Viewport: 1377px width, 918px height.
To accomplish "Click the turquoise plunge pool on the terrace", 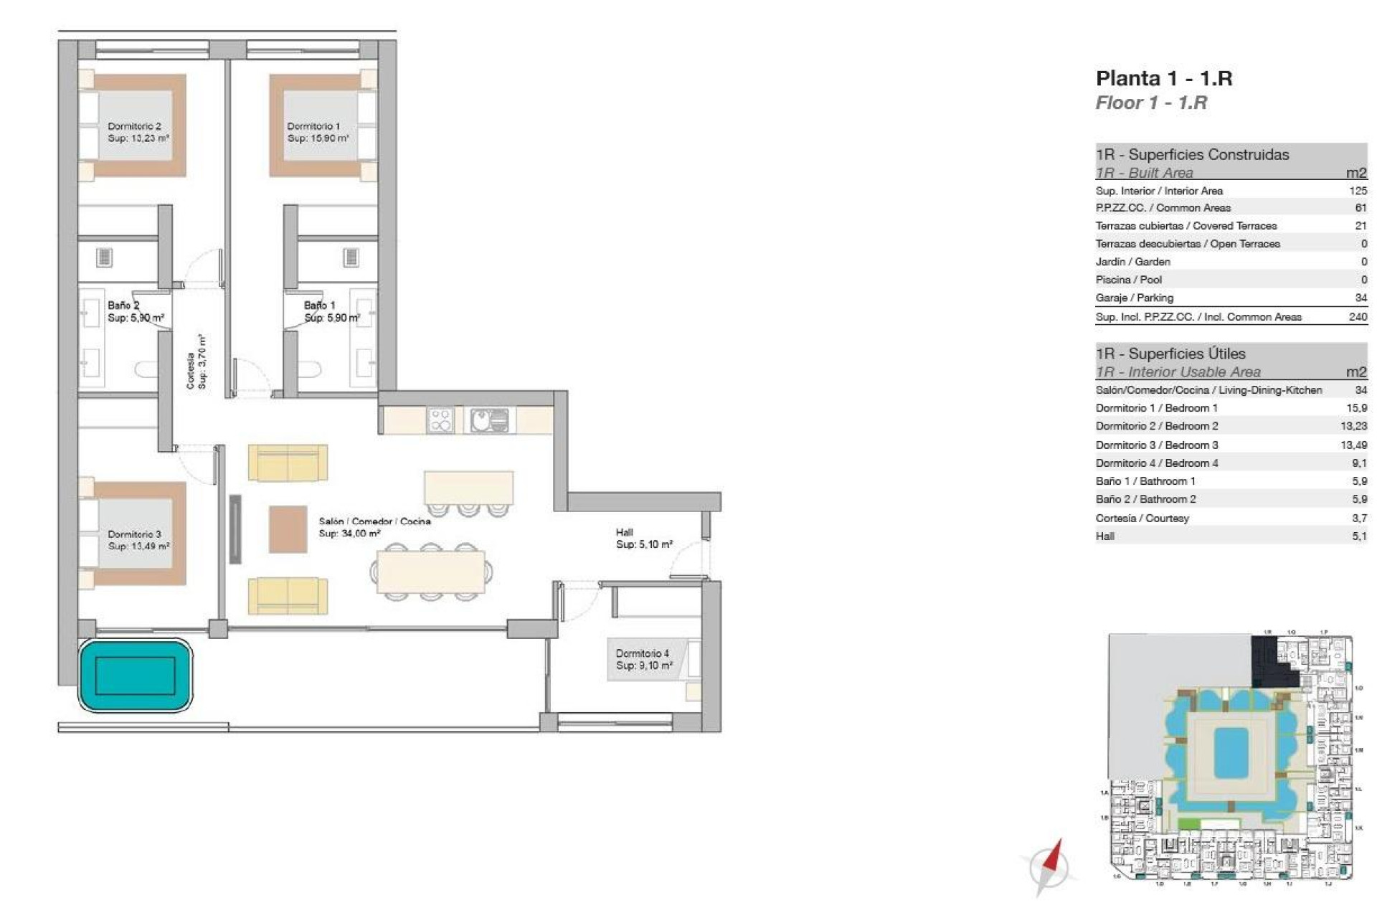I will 136,676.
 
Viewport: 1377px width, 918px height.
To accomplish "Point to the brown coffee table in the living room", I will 288,529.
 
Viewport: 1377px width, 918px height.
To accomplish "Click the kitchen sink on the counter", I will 489,420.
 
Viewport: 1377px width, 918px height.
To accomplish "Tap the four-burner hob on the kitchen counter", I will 440,420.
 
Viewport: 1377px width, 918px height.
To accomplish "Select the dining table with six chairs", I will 430,572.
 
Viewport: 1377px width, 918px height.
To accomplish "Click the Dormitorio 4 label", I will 643,659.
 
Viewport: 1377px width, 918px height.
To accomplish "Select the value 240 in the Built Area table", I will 1357,316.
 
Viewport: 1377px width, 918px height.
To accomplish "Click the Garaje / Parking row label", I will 1134,298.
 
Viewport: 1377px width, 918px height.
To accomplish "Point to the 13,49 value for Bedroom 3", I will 1353,445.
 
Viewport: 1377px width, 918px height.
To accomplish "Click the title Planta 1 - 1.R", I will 1163,78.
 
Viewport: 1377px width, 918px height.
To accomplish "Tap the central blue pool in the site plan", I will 1231,752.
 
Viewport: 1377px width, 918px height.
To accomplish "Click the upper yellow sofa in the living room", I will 288,463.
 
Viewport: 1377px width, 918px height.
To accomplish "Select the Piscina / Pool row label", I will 1128,280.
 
